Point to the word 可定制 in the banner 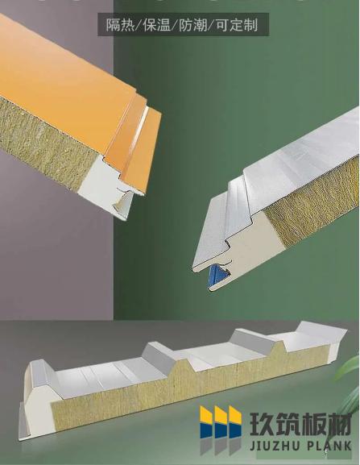[237, 25]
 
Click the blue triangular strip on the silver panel [217, 276]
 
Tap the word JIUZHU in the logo [275, 446]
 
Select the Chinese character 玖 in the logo [262, 423]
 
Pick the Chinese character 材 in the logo [340, 423]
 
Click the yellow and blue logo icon [221, 422]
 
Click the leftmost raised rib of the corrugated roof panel [42, 374]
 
